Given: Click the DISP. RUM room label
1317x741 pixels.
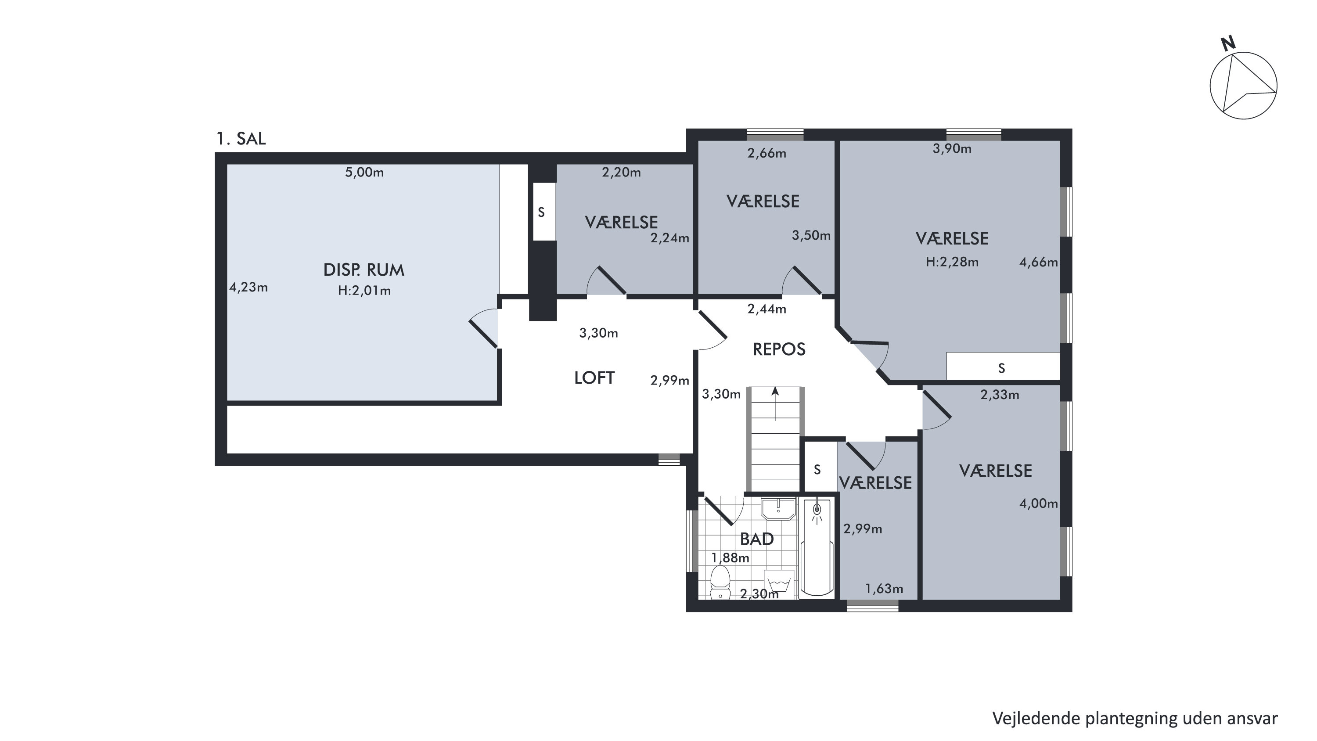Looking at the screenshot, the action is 363,270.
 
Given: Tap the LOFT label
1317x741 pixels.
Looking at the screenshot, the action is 594,378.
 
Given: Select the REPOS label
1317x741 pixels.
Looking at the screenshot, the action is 779,349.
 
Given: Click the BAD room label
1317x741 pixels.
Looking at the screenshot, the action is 757,539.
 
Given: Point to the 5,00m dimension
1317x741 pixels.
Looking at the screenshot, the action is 364,173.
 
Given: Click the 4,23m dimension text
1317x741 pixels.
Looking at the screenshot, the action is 248,288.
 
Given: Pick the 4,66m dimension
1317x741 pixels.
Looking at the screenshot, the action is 1038,263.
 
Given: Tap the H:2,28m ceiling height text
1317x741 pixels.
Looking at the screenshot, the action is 952,262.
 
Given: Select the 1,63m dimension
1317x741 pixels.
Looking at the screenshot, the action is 884,589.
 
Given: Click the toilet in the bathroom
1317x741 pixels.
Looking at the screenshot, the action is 720,582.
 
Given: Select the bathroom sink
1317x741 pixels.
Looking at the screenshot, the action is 778,509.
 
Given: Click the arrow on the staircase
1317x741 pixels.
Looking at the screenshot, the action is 775,404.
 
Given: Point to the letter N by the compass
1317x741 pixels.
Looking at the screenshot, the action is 1228,44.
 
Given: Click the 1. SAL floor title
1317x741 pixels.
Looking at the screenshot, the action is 241,139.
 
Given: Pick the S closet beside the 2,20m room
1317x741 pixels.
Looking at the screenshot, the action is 541,212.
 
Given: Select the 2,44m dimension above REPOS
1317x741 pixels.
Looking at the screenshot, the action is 766,309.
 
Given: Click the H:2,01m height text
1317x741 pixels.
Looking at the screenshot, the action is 364,291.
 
